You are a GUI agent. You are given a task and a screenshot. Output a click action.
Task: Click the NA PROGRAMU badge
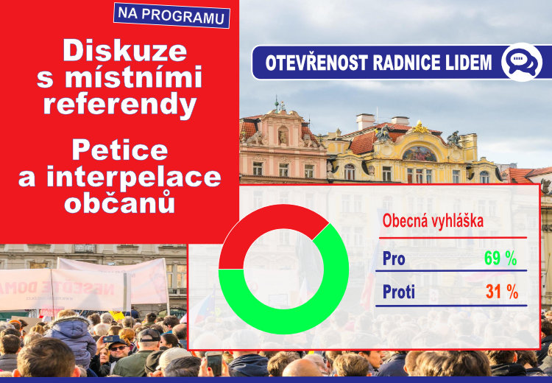click(171, 15)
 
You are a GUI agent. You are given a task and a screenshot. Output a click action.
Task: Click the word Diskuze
click(125, 50)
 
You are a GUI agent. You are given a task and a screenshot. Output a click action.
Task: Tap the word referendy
click(120, 105)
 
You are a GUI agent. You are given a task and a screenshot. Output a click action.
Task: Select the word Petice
click(120, 150)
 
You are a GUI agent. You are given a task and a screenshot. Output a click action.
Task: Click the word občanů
click(120, 203)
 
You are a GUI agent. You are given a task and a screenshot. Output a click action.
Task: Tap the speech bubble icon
click(522, 63)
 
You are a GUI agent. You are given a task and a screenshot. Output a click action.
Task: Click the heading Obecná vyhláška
click(433, 221)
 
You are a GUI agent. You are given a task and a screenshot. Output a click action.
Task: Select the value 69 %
click(500, 259)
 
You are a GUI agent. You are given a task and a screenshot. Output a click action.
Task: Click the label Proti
click(398, 292)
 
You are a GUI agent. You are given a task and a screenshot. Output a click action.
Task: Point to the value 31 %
click(502, 292)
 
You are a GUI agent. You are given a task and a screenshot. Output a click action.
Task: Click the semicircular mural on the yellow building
click(420, 155)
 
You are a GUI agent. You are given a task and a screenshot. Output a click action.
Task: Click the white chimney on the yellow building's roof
click(365, 122)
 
